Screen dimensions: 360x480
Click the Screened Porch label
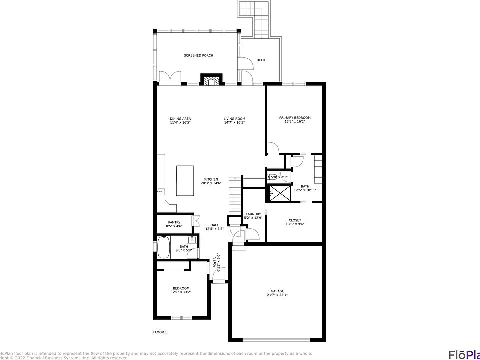[198, 55]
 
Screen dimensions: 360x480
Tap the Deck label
[261, 60]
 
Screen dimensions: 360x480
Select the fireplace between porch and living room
[211, 80]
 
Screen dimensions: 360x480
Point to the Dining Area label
[180, 118]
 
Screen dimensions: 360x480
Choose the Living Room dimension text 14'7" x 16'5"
[234, 122]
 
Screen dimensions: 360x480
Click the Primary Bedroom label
[294, 118]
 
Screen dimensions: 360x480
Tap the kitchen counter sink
[161, 191]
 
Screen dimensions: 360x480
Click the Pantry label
[174, 222]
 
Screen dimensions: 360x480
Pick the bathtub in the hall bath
[163, 247]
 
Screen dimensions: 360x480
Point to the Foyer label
[215, 262]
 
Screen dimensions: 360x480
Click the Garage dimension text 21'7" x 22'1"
[277, 295]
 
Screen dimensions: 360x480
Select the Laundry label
[253, 214]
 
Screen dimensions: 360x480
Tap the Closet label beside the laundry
[294, 220]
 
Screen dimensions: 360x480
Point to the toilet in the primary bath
[272, 176]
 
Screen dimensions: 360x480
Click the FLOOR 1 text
[160, 332]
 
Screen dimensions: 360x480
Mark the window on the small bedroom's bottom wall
[181, 317]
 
